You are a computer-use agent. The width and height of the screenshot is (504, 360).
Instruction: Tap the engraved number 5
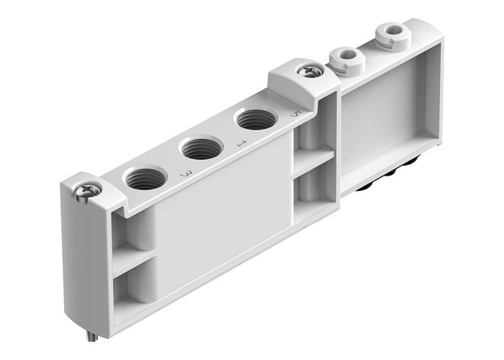[x=292, y=115]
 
